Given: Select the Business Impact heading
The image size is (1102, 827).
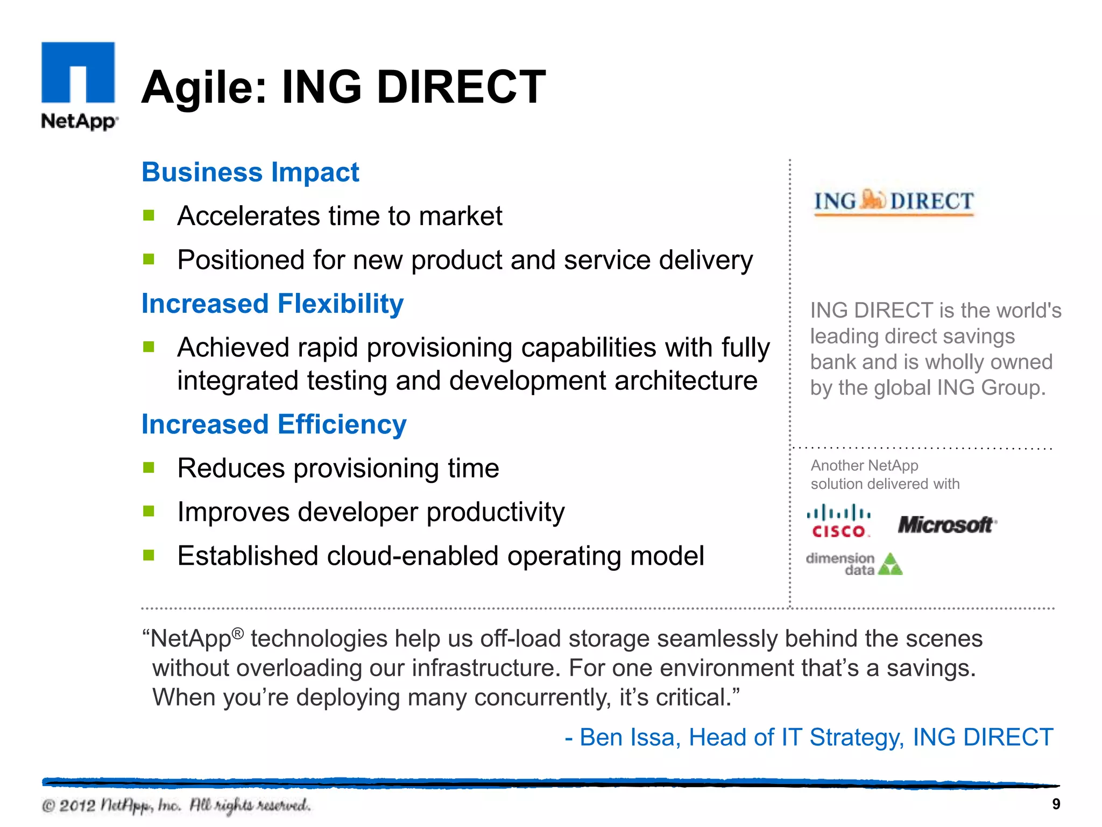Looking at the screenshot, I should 250,172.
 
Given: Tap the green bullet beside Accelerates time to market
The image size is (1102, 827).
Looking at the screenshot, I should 149,216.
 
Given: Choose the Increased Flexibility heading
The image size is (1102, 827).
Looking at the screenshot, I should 272,304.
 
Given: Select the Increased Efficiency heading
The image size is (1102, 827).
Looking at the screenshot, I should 274,424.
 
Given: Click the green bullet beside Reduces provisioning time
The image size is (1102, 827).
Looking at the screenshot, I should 149,467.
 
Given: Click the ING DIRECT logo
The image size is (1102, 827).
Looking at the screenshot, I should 894,202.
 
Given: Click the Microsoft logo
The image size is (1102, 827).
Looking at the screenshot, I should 946,524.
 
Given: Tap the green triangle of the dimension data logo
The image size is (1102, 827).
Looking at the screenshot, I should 890,565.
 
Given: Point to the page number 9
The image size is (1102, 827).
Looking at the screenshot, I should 1056,804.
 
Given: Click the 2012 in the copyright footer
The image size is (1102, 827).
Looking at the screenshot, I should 77,805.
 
